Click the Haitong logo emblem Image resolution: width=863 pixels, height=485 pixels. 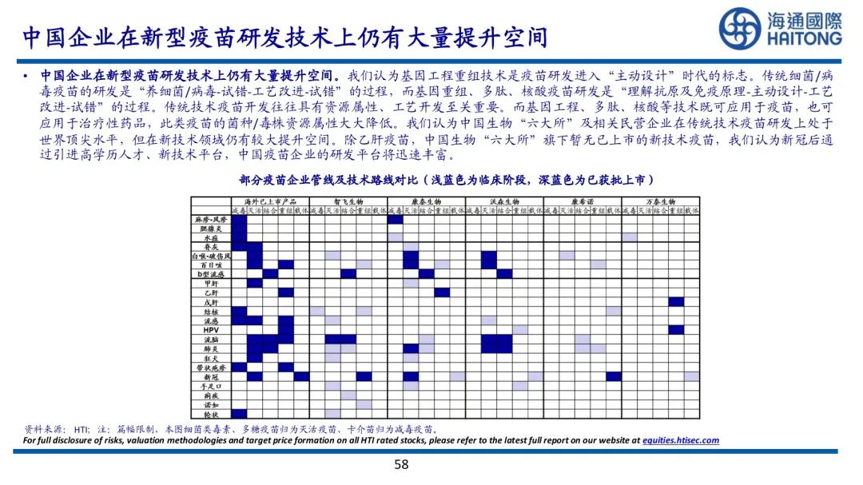(740, 29)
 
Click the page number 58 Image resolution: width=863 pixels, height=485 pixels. (402, 465)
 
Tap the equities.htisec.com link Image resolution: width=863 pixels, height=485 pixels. (681, 440)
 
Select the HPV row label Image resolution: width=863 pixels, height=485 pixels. (211, 330)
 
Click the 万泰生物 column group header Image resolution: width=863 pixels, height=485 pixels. (661, 201)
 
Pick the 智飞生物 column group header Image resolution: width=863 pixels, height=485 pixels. (348, 201)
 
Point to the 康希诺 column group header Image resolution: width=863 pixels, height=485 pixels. (583, 201)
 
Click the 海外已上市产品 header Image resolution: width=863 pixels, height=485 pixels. (270, 201)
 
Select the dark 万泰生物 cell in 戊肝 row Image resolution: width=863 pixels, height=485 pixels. (676, 302)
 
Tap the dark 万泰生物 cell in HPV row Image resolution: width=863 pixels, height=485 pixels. (676, 330)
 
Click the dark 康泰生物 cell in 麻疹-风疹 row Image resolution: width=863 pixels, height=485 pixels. (396, 219)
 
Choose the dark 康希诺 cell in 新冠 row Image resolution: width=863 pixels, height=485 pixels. (614, 376)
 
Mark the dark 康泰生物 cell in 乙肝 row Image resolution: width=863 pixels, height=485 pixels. (442, 292)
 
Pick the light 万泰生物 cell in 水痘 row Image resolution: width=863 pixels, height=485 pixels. (630, 237)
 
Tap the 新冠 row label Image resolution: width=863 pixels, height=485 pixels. (211, 376)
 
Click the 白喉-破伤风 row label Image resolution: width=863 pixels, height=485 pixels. (211, 256)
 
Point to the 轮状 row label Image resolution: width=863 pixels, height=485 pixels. (211, 414)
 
